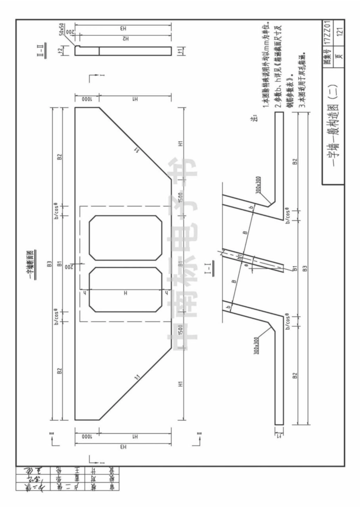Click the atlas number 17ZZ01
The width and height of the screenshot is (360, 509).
tap(339, 33)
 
